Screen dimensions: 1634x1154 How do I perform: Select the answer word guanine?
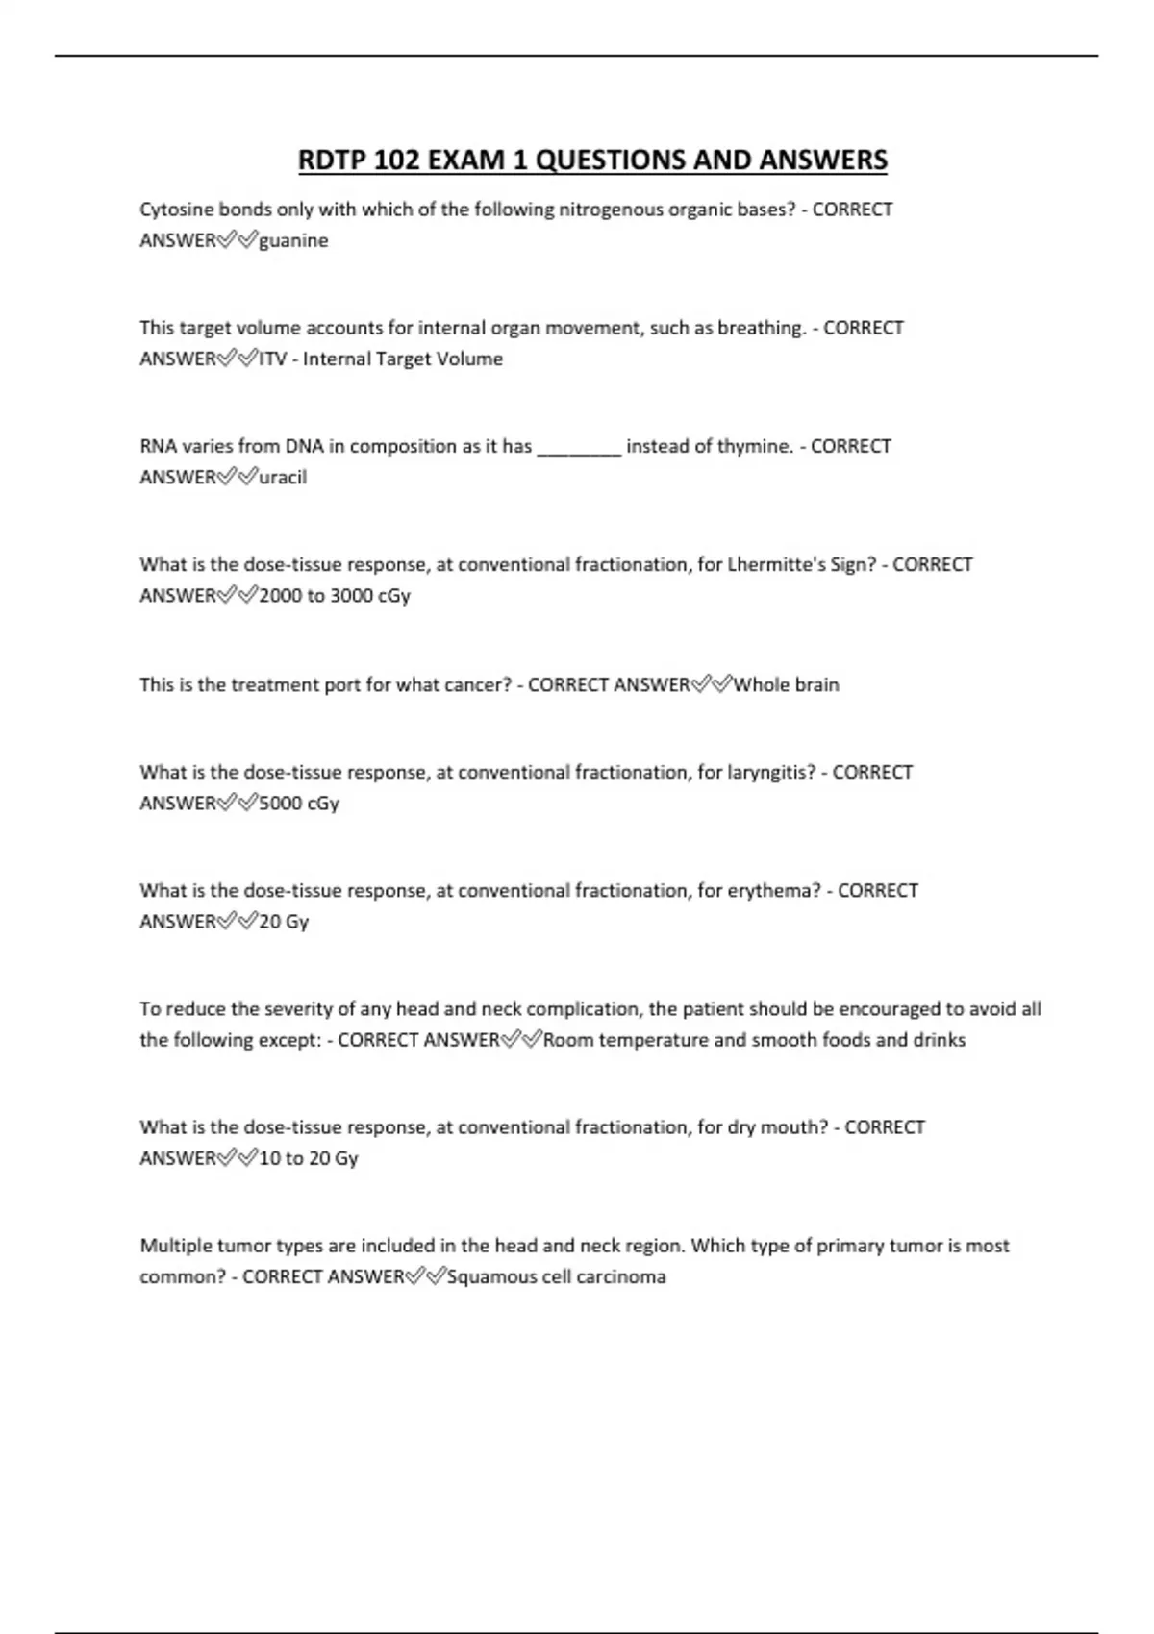[x=293, y=241]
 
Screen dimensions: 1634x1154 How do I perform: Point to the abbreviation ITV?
[x=272, y=359]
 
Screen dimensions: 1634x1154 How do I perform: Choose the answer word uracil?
[x=283, y=478]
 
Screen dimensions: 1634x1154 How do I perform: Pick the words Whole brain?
[x=786, y=685]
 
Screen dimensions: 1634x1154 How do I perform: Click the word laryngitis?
[x=770, y=773]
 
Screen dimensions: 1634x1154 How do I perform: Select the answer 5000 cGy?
[x=299, y=804]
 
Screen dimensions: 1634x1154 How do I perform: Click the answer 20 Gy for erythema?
[x=284, y=922]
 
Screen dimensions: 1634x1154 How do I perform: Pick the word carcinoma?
[x=623, y=1277]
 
